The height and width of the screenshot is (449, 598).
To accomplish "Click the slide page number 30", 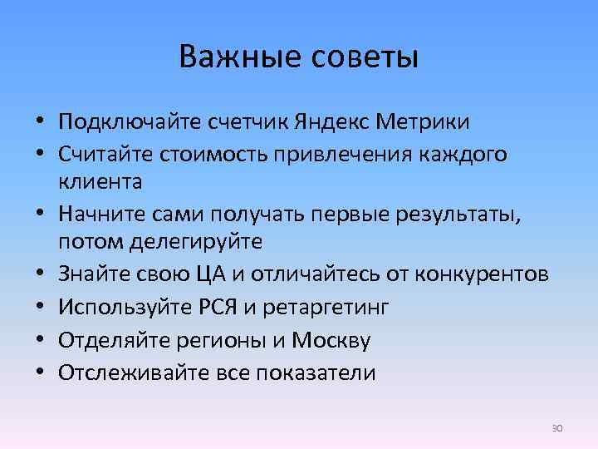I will (557, 427).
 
